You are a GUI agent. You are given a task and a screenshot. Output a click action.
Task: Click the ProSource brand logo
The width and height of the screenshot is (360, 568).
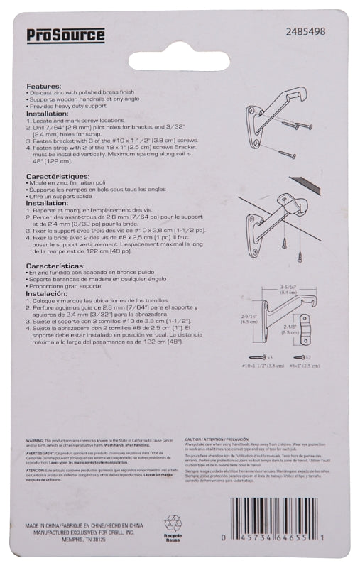click(59, 35)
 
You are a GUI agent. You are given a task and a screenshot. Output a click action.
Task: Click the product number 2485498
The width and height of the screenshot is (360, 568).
click(305, 32)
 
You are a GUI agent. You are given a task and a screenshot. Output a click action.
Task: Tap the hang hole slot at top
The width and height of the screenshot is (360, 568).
click(179, 60)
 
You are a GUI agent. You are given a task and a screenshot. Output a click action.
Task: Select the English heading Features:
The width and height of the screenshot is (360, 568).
click(44, 85)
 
